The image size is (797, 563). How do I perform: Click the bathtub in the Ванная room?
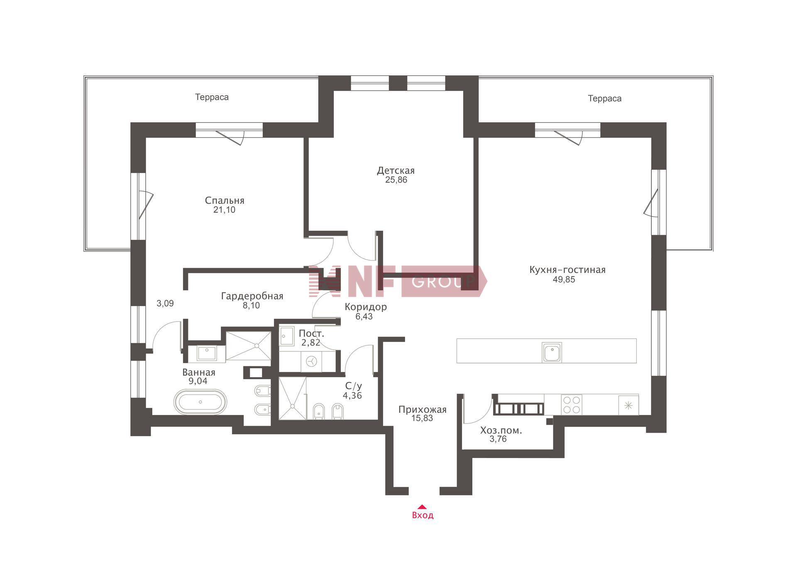click(x=200, y=402)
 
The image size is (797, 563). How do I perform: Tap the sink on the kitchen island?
click(x=552, y=352)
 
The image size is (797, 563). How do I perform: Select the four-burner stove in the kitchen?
click(x=572, y=405)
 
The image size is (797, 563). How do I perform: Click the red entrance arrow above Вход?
click(x=422, y=507)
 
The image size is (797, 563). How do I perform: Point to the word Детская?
click(x=396, y=171)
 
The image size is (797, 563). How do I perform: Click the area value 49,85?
click(x=564, y=280)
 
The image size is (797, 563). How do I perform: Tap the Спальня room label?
click(x=225, y=200)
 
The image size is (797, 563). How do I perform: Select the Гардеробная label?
click(x=252, y=296)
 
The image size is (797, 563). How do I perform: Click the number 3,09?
click(x=165, y=303)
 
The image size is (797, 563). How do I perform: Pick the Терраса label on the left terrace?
click(x=212, y=97)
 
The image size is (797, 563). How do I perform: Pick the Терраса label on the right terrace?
click(x=604, y=98)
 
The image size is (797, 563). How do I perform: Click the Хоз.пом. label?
click(x=501, y=431)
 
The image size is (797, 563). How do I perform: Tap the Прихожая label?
click(x=422, y=410)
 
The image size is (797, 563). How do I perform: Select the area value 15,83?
click(x=422, y=418)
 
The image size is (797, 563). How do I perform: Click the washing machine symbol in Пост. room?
click(x=311, y=361)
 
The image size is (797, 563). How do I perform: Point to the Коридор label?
click(x=366, y=307)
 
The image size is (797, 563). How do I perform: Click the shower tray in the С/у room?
click(x=293, y=398)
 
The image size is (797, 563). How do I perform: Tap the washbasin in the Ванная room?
click(x=206, y=353)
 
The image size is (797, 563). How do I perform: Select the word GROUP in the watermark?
click(x=443, y=281)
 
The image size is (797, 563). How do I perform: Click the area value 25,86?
click(x=396, y=180)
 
